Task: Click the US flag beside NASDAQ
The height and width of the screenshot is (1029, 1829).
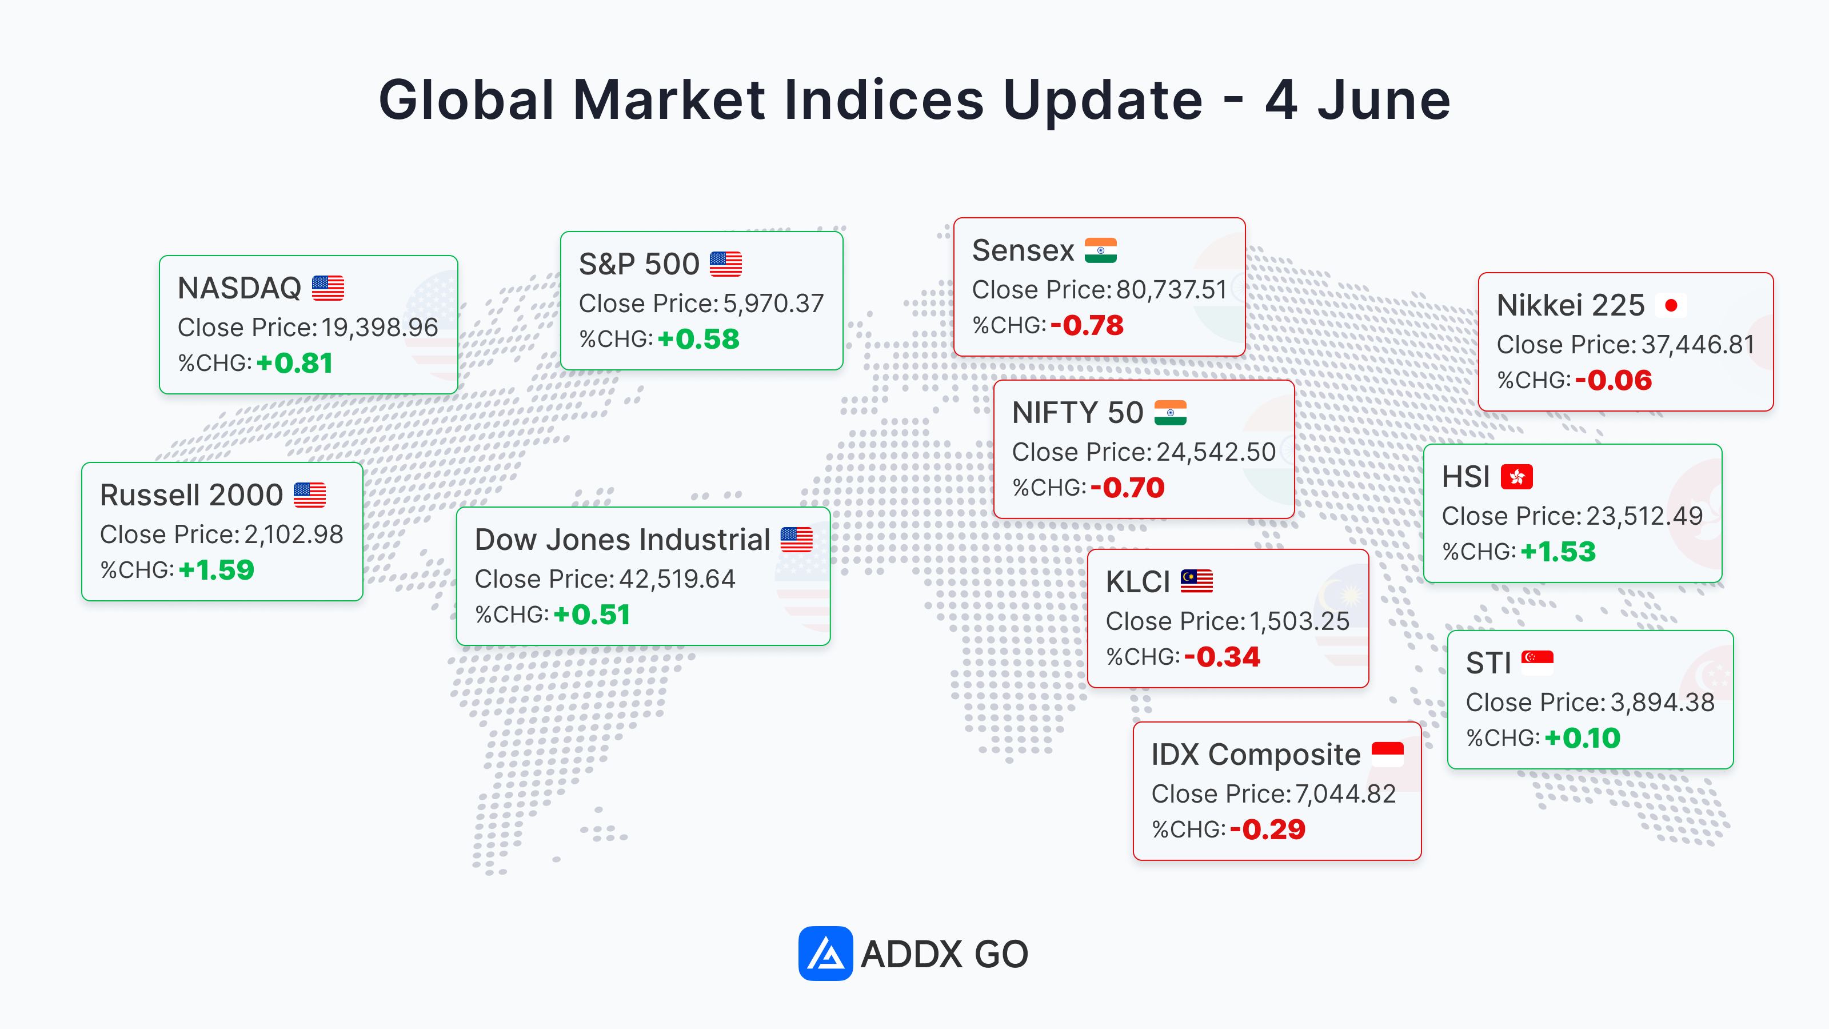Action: [328, 288]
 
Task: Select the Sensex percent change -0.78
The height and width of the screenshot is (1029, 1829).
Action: [1087, 325]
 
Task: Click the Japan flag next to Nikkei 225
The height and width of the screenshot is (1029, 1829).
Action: [1671, 305]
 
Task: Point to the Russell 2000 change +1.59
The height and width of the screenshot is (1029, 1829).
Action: [217, 569]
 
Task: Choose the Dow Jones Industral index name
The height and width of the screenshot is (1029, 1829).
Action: [622, 540]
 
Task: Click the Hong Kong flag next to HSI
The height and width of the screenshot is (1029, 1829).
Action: [1516, 477]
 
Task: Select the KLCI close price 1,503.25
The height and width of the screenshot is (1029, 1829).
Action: [1299, 621]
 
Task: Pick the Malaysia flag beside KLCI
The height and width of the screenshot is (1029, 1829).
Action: [1196, 581]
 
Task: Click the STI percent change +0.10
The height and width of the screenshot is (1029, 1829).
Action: [1583, 738]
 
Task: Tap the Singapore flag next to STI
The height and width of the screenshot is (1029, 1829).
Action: [1537, 663]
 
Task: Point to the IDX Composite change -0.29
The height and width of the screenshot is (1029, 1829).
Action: [1267, 829]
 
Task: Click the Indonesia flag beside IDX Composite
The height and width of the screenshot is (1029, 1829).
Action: [1387, 754]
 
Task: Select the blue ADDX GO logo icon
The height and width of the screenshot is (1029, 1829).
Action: [825, 953]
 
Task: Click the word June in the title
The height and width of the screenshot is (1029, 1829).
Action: [1384, 100]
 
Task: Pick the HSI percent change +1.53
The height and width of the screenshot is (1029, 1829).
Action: [1558, 552]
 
